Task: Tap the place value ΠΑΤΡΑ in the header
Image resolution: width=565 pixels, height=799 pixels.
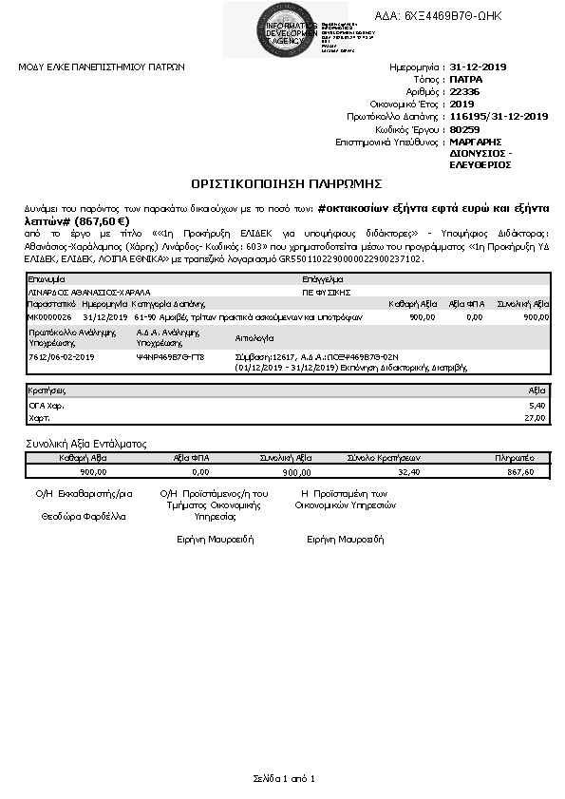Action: [466, 80]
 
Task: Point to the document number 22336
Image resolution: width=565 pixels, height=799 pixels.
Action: [465, 92]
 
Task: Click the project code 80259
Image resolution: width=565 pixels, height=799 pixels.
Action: [465, 128]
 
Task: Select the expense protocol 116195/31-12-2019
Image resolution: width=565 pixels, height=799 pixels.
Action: [499, 116]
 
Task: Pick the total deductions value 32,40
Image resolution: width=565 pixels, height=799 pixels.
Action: [408, 470]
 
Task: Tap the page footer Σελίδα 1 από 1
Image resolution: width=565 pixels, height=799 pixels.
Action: [283, 778]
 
